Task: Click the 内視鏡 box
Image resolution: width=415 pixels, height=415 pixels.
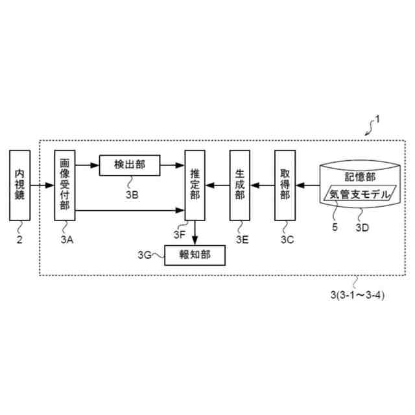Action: pyautogui.click(x=20, y=184)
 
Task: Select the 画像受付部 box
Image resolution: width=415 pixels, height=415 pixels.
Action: pyautogui.click(x=65, y=184)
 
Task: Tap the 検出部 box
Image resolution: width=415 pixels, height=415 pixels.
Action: pyautogui.click(x=130, y=165)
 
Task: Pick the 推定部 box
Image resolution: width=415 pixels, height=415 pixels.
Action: pyautogui.click(x=195, y=184)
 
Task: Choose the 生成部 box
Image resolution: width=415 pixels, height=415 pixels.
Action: pyautogui.click(x=239, y=184)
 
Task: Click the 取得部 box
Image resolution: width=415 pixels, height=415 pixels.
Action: pyautogui.click(x=285, y=184)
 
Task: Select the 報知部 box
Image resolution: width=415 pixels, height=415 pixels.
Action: pyautogui.click(x=196, y=255)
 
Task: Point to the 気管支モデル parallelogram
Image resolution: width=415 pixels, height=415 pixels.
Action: pyautogui.click(x=359, y=194)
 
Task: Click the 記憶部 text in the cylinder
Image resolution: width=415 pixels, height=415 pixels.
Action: pyautogui.click(x=361, y=176)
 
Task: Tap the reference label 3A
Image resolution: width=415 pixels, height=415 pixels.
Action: pyautogui.click(x=66, y=239)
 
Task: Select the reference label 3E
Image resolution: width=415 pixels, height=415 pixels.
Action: pyautogui.click(x=241, y=239)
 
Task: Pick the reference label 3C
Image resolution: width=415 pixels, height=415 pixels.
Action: pyautogui.click(x=287, y=239)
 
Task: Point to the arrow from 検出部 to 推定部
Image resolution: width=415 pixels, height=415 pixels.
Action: pyautogui.click(x=172, y=165)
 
